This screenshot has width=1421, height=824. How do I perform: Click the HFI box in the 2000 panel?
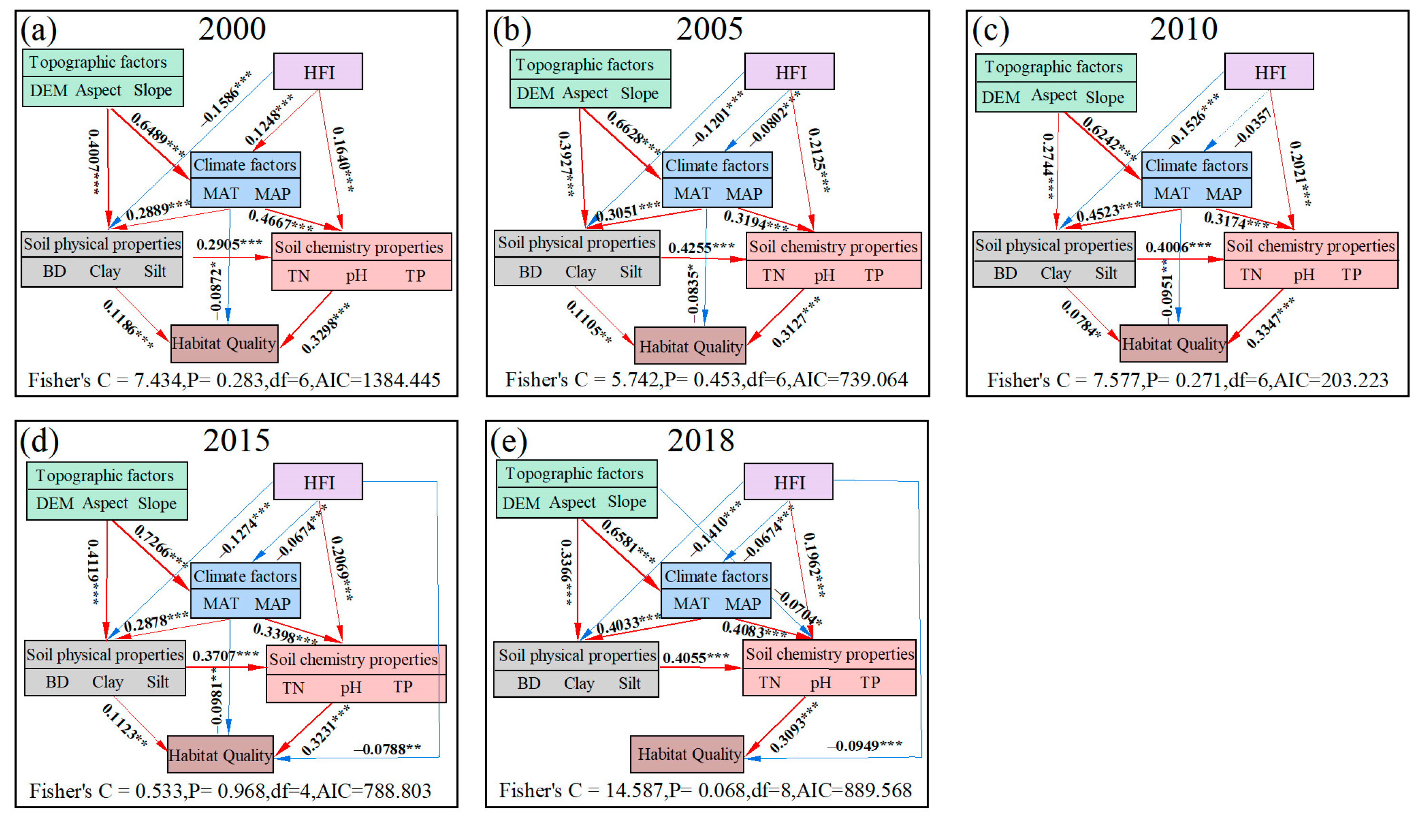pos(318,71)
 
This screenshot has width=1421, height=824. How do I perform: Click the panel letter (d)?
pos(39,441)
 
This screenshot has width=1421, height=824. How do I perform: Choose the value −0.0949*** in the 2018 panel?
pos(864,745)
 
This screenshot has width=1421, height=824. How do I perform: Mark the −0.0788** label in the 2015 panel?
pos(387,749)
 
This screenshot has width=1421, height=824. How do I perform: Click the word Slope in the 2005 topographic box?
pos(640,93)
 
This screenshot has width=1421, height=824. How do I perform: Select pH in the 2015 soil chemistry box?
pos(351,687)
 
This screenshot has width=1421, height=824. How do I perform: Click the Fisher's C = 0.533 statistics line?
pos(230,791)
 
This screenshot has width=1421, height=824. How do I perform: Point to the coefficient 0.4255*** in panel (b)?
pos(701,247)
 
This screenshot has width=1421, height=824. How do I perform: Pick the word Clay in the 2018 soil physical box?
pos(579,683)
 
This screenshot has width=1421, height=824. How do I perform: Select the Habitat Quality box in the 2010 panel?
pos(1173,343)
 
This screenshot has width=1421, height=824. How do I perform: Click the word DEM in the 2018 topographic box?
pos(521,502)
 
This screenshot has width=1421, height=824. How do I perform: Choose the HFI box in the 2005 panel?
pos(790,71)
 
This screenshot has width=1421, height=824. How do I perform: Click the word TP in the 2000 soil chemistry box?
pos(415,275)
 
